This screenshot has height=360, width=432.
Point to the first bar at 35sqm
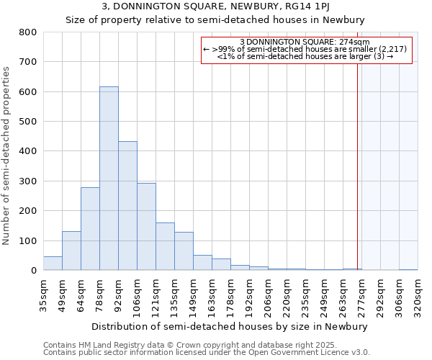pyautogui.click(x=53, y=263)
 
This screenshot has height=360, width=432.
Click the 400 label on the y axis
pyautogui.click(x=28, y=151)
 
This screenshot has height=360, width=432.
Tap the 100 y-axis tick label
pyautogui.click(x=28, y=240)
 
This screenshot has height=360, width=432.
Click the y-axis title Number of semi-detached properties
pyautogui.click(x=7, y=155)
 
